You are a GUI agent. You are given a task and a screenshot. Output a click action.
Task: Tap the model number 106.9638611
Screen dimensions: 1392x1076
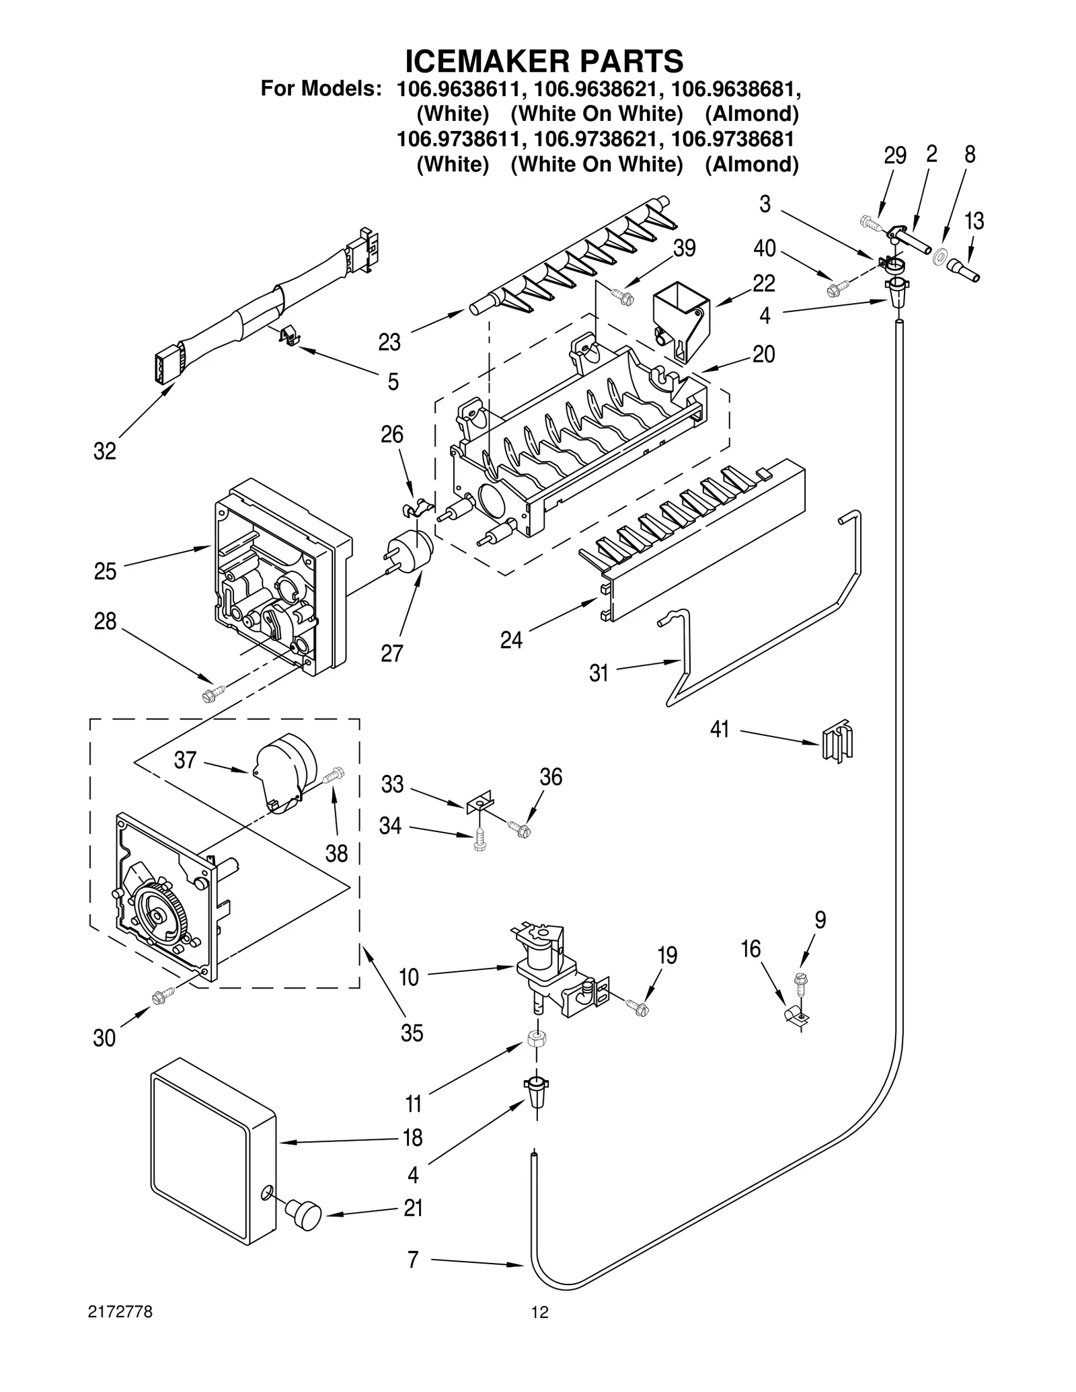(457, 89)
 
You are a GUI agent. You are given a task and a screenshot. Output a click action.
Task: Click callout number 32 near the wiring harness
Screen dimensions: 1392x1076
(104, 452)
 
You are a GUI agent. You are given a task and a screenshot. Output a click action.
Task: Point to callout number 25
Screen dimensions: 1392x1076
(105, 572)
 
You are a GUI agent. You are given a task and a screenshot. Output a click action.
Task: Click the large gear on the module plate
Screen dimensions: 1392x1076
(158, 915)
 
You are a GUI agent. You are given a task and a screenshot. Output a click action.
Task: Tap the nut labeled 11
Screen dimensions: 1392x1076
(536, 1038)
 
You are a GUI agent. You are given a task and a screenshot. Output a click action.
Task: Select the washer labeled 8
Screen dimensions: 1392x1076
(941, 257)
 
